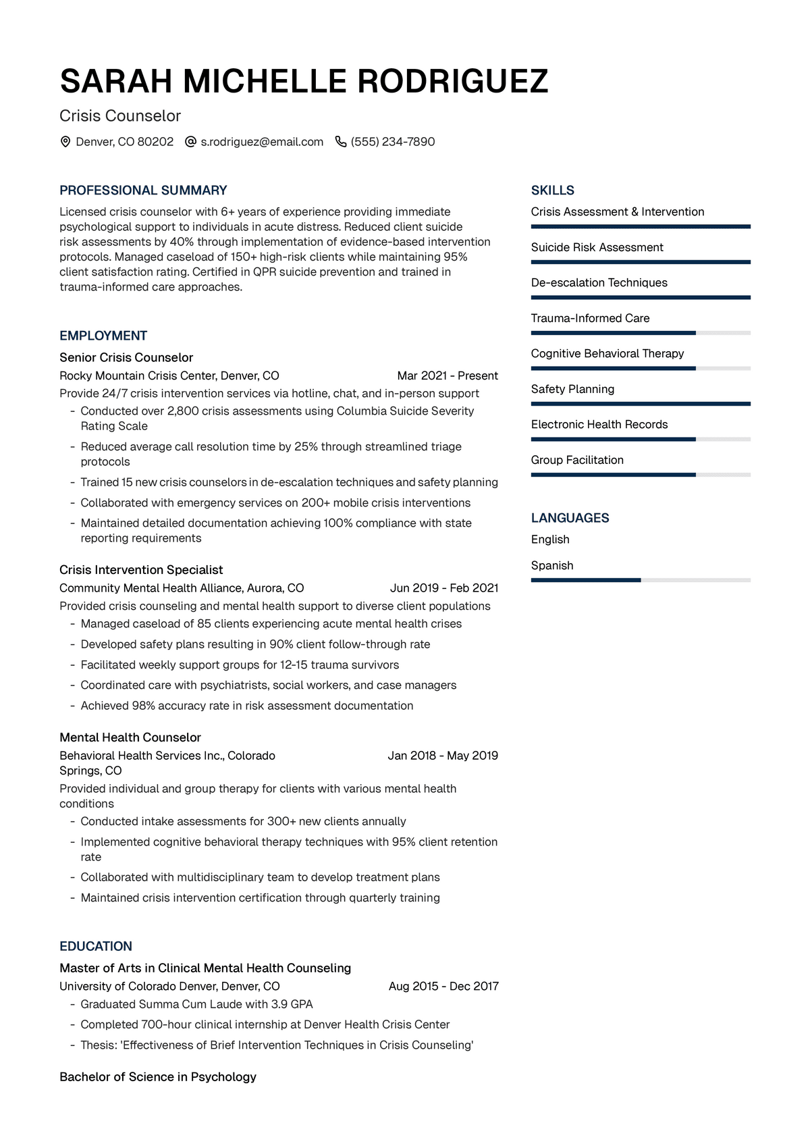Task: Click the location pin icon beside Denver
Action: pyautogui.click(x=65, y=142)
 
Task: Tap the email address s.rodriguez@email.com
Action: pyautogui.click(x=262, y=142)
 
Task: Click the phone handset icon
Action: pyautogui.click(x=341, y=142)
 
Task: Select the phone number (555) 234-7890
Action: pyautogui.click(x=393, y=142)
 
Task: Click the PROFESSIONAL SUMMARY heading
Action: pyautogui.click(x=143, y=190)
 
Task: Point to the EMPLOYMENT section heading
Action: pyautogui.click(x=103, y=336)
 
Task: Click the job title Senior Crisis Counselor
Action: pyautogui.click(x=126, y=357)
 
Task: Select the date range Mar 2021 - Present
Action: pyautogui.click(x=448, y=375)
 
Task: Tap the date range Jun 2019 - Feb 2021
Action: pyautogui.click(x=444, y=588)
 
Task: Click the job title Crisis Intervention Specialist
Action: pyautogui.click(x=141, y=569)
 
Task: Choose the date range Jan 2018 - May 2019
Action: pyautogui.click(x=443, y=755)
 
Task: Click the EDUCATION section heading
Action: pyautogui.click(x=96, y=946)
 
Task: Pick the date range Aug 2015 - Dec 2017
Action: pyautogui.click(x=443, y=986)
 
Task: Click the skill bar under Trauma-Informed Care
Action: pyautogui.click(x=640, y=333)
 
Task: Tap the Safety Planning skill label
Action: pyautogui.click(x=572, y=389)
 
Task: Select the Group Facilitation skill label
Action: pyautogui.click(x=577, y=460)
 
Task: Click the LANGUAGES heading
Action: pyautogui.click(x=570, y=518)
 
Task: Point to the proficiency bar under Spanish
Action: pyautogui.click(x=640, y=580)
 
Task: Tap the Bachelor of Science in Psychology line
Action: pyautogui.click(x=158, y=1076)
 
